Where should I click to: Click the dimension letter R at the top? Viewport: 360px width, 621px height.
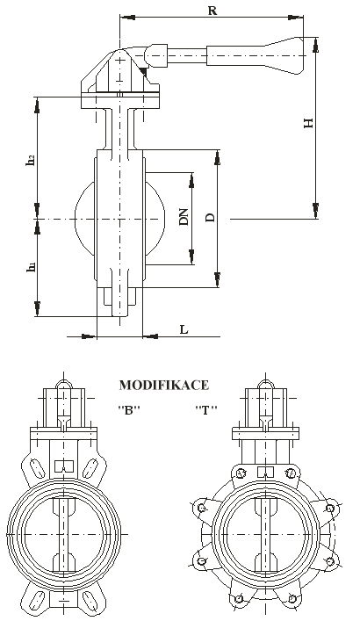coord(212,11)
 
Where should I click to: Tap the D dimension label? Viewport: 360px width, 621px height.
coord(211,218)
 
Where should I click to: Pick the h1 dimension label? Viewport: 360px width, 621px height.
coord(31,268)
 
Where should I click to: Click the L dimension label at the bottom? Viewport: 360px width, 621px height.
coord(184,329)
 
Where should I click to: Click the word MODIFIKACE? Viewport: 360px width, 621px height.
coord(164,385)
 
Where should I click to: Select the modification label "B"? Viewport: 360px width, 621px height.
coord(129,410)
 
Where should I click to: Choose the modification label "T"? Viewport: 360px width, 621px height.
coord(206,410)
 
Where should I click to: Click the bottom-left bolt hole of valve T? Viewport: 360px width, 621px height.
coord(238,598)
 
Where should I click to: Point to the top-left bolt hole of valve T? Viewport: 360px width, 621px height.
coord(241,473)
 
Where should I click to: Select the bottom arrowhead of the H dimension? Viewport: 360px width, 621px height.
coord(315,211)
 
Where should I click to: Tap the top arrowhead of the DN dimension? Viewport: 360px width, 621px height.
coord(191,181)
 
